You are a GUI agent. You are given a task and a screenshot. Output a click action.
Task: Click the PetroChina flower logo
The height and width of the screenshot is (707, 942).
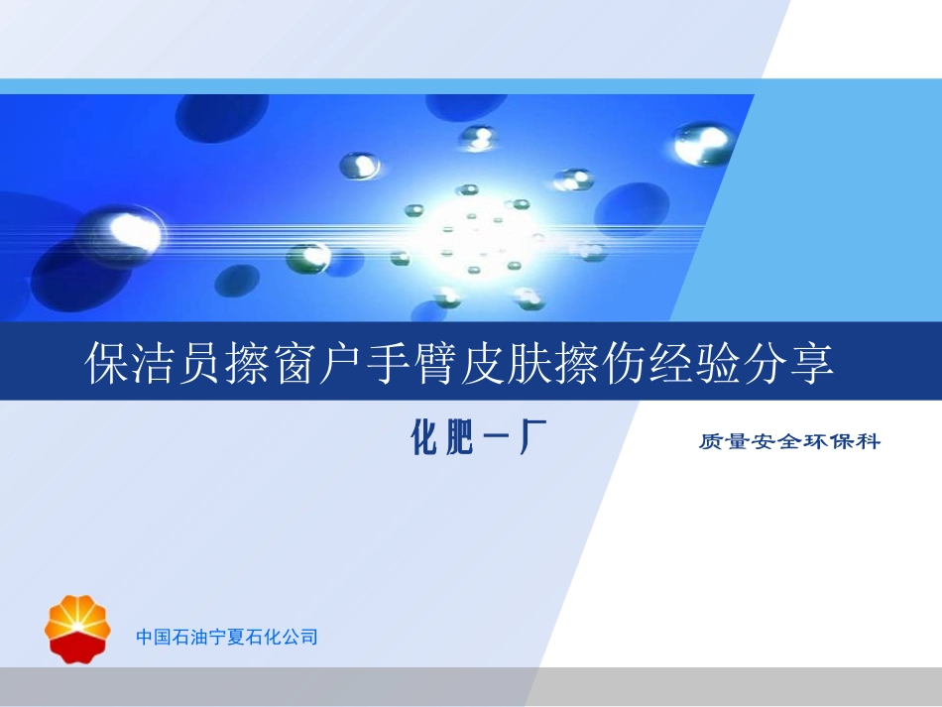(x=78, y=627)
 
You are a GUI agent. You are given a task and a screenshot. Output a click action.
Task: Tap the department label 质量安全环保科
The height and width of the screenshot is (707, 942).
(x=789, y=441)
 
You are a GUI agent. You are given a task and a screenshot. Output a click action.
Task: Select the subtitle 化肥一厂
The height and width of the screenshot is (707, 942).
(x=479, y=437)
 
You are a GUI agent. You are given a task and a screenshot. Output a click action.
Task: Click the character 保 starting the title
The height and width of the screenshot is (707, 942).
(x=106, y=364)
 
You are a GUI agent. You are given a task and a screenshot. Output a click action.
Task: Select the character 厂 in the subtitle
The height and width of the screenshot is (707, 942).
(x=533, y=437)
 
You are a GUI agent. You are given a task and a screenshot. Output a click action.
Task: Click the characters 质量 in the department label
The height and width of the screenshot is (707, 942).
(x=721, y=441)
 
